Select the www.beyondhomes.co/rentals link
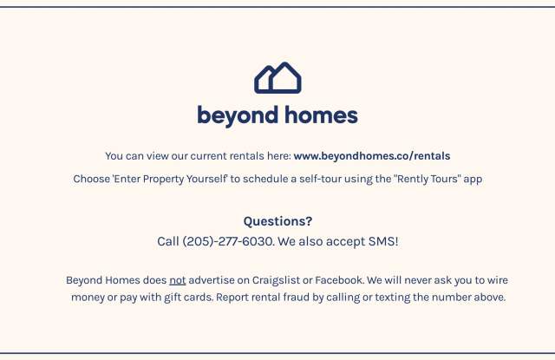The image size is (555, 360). (x=372, y=156)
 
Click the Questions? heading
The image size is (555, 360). (x=277, y=221)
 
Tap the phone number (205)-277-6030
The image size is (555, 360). (x=227, y=241)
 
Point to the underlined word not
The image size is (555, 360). (x=177, y=280)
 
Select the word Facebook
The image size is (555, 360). (x=339, y=280)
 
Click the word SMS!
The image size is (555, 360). (x=383, y=241)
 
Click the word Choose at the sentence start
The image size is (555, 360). (x=92, y=179)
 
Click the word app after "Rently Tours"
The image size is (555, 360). (x=473, y=180)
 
